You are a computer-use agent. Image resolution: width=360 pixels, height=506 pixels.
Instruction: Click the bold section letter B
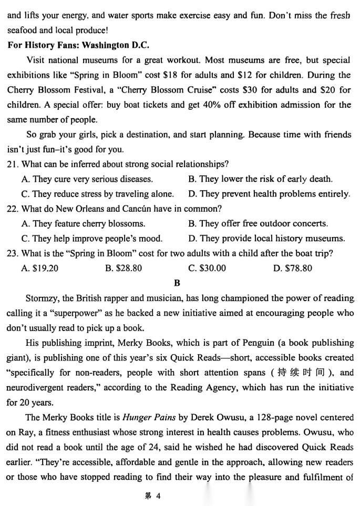177,283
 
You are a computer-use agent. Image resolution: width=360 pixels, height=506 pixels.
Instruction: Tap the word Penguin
260,343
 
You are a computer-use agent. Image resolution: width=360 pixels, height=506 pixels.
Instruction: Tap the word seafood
23,30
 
